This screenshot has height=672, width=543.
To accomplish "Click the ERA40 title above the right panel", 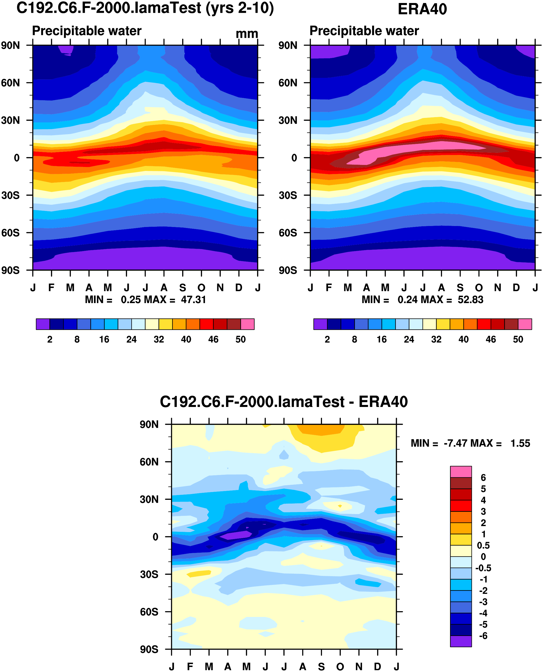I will [x=422, y=9].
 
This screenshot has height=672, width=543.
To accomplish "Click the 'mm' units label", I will [x=247, y=34].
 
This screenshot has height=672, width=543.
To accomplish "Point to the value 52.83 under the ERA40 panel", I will [x=470, y=300].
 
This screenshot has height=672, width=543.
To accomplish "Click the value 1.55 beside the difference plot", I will [x=520, y=443].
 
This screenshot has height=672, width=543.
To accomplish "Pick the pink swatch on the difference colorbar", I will [x=461, y=472].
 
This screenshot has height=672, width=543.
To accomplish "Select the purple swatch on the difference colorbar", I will [x=461, y=641].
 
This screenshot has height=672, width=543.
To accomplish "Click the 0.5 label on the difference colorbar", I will [x=483, y=545].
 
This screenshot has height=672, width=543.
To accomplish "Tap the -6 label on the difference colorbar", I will [x=483, y=636].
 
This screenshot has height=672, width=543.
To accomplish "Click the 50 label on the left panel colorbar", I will [x=241, y=339].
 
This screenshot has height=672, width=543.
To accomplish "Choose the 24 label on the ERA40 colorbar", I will [x=409, y=339].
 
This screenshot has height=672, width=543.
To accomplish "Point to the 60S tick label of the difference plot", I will [x=149, y=612].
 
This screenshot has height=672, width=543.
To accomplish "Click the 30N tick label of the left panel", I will [x=10, y=120].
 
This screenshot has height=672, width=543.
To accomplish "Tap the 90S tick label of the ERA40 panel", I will [x=288, y=270].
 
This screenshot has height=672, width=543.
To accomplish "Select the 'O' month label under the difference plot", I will [x=340, y=666].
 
